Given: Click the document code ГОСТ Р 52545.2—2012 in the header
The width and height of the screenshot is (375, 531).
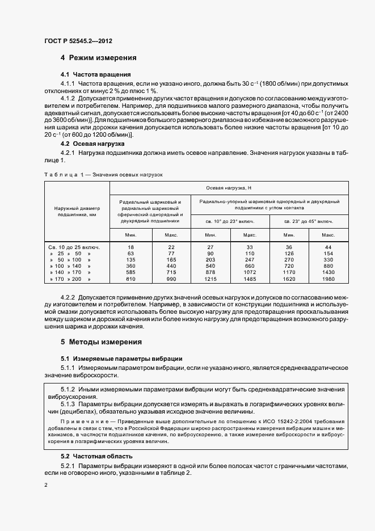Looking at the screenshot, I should tap(78, 41).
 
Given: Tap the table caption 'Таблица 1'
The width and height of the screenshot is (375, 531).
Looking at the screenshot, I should tap(62, 175).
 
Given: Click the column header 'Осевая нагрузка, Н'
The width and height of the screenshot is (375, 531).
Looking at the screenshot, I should tap(241, 188).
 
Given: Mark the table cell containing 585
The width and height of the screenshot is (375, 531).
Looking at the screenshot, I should tap(130, 272).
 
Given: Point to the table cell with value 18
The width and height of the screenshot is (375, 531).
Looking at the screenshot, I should tap(130, 246).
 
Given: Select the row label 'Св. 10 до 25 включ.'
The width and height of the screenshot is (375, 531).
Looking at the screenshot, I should tap(74, 246).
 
